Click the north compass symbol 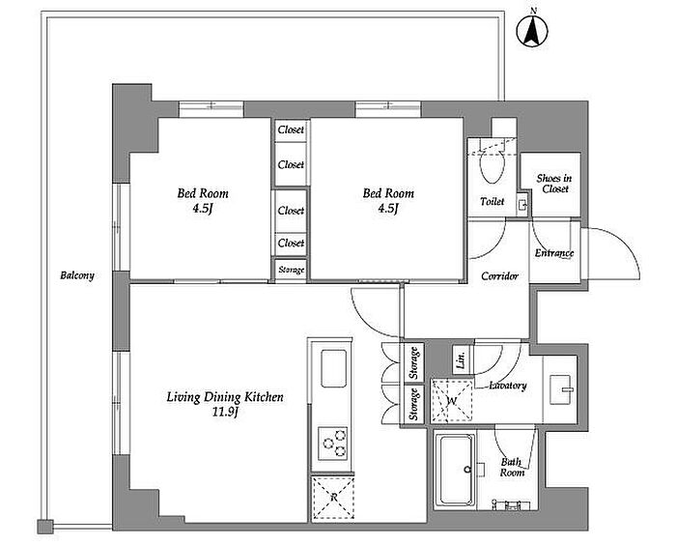pos(532,30)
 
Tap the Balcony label pos(77,275)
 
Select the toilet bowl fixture pos(493,166)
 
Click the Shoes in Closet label pos(554,184)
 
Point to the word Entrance pos(554,253)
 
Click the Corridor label pos(499,275)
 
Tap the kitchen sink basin pos(334,368)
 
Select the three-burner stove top pos(333,443)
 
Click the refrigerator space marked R pos(333,497)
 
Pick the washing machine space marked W pos(452,401)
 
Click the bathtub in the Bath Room pos(455,471)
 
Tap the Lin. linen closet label pos(461,359)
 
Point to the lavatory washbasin pos(561,389)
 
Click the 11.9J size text pos(225,413)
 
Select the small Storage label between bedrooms pos(291,271)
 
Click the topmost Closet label pos(291,129)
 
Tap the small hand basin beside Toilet pos(522,206)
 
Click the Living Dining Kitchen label pos(225,397)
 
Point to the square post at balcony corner pos(44,527)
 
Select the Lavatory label pos(508,386)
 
